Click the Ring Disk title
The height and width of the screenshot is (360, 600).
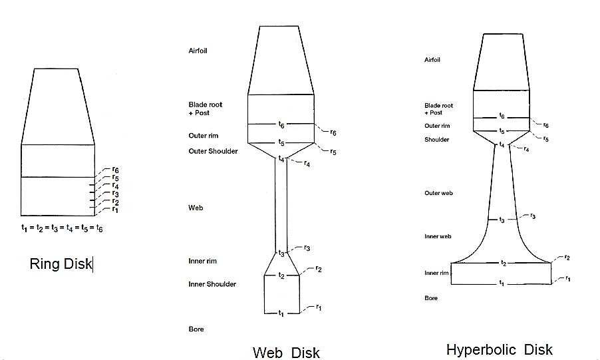[61, 264]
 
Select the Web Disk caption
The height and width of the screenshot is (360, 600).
[286, 353]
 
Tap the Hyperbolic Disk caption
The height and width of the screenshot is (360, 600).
[499, 349]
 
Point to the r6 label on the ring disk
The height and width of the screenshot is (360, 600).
[116, 170]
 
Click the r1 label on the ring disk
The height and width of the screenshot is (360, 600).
[115, 209]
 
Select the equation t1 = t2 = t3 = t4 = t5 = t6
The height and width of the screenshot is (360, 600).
[62, 228]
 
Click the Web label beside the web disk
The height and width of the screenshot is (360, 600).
[196, 208]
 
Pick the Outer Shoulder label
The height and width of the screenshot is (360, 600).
[213, 151]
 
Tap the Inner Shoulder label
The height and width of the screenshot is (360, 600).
[212, 284]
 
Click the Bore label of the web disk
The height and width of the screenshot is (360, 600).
[196, 329]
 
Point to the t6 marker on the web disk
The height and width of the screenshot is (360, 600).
[281, 124]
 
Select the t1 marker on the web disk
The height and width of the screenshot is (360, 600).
[281, 313]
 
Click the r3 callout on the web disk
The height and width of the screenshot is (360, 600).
[307, 248]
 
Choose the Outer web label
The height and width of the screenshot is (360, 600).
[438, 193]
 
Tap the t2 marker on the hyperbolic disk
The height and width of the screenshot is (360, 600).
[504, 263]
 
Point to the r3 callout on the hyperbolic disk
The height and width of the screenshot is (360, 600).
[533, 216]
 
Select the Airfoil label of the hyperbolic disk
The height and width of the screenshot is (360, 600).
[432, 60]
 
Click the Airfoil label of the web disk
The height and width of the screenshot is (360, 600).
[198, 51]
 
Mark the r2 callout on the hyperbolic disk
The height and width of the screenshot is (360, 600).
[567, 257]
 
